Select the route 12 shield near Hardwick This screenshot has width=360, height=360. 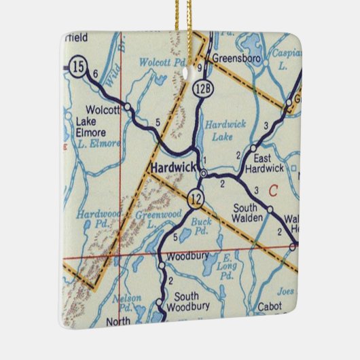pos(196,199)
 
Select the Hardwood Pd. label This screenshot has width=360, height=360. pos(93,218)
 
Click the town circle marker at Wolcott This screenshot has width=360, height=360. pos(128,107)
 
